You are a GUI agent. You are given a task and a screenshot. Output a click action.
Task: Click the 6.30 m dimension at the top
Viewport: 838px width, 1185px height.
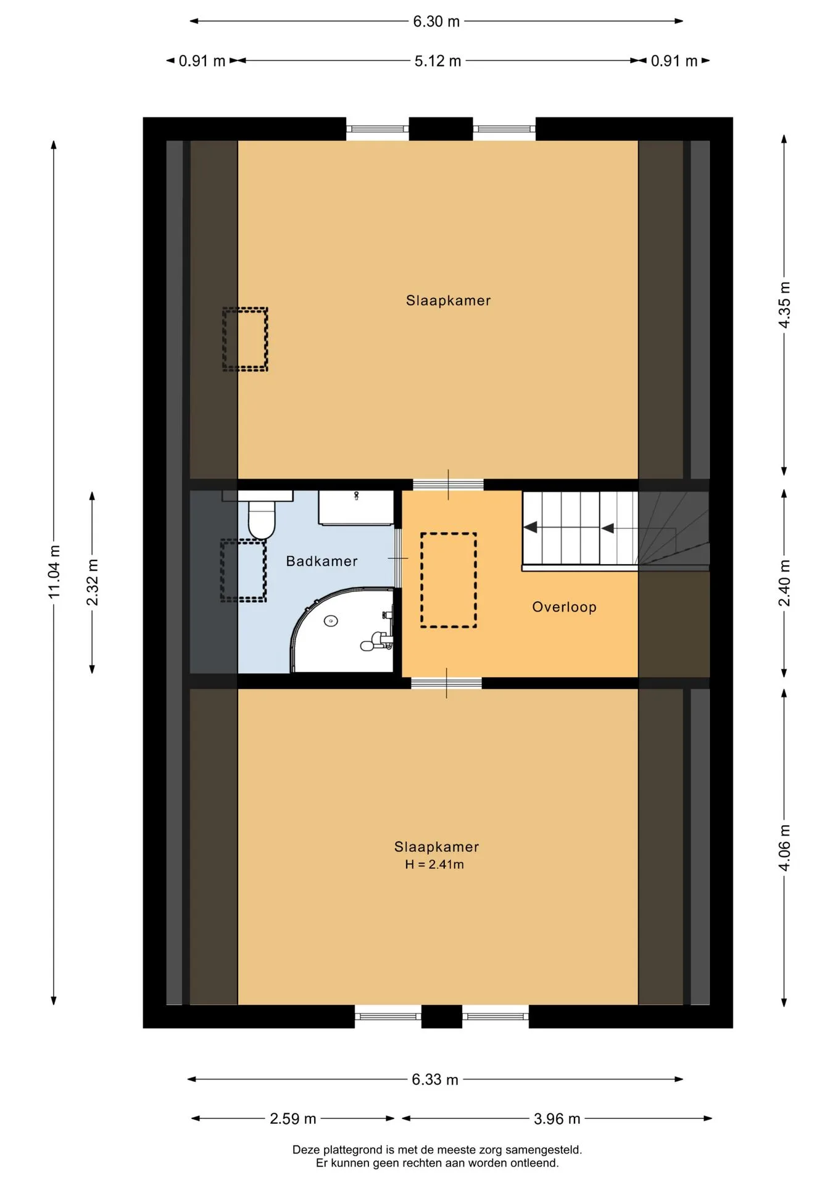click(436, 22)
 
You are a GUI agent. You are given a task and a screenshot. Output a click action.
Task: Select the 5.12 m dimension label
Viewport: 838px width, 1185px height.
click(438, 61)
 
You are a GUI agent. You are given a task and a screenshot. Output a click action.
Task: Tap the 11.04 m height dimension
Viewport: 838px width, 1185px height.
click(54, 571)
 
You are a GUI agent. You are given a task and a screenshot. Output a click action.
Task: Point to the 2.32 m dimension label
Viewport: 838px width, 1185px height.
click(93, 583)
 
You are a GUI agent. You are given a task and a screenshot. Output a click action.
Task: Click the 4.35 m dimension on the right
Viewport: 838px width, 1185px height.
click(784, 305)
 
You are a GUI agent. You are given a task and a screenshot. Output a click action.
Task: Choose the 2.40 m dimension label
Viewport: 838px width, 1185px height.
click(784, 583)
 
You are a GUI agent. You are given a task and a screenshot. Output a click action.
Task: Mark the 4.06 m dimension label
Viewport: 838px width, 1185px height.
click(784, 847)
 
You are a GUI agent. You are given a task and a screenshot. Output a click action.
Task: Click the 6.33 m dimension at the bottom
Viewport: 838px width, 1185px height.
click(435, 1079)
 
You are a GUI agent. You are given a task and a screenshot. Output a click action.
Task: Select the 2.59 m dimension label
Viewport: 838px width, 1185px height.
click(293, 1118)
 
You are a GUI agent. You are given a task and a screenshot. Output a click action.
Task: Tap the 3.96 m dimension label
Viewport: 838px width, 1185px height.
click(557, 1118)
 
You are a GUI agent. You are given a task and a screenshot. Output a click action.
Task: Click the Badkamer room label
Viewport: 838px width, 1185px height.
click(322, 561)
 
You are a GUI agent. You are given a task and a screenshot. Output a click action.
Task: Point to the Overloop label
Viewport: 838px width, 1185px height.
click(564, 607)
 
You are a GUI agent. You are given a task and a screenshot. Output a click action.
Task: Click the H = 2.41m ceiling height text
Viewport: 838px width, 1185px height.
click(434, 865)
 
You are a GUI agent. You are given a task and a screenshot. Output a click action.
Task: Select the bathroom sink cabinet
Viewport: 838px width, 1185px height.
click(356, 508)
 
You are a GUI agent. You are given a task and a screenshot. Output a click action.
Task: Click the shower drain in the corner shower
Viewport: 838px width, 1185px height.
click(331, 621)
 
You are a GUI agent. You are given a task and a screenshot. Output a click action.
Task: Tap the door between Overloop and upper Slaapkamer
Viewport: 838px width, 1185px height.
click(448, 485)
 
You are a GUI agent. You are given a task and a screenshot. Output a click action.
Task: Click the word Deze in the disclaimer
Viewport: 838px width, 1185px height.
click(306, 1150)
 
